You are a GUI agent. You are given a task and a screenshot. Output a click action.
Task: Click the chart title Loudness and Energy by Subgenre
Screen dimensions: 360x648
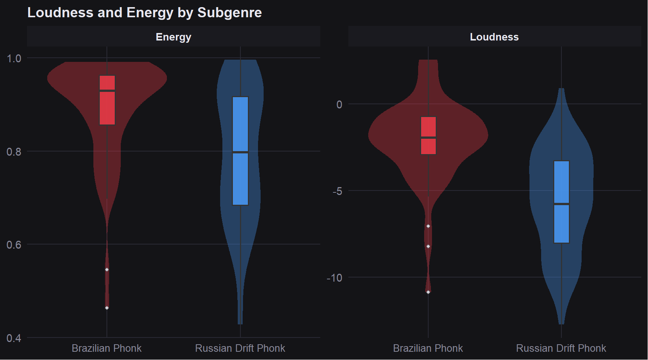[x=144, y=13]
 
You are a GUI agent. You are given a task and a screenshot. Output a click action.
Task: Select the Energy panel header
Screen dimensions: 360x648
[x=173, y=37]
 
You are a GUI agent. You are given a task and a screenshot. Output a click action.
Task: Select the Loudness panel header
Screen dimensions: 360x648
[x=494, y=37]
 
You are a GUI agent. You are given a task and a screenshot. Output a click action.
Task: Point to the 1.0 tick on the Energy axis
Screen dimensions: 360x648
[x=14, y=58]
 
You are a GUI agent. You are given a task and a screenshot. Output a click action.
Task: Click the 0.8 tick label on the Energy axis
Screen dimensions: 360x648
[x=14, y=151]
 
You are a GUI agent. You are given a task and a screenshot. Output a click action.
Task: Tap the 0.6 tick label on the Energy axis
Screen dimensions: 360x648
[x=14, y=245]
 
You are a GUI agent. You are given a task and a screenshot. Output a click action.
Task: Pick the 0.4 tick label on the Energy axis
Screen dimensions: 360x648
[x=14, y=338]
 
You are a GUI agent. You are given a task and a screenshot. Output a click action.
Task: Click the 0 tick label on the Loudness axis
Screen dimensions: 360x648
[x=339, y=105]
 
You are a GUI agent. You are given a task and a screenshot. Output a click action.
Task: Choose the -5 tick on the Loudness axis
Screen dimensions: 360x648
[x=337, y=191]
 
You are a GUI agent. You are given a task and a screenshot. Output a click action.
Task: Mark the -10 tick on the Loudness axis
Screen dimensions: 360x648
[x=334, y=278]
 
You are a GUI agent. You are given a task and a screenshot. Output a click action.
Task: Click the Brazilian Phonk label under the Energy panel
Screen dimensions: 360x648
[x=106, y=348]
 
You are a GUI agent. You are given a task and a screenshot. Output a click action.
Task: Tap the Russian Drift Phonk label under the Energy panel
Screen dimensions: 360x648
[x=240, y=348]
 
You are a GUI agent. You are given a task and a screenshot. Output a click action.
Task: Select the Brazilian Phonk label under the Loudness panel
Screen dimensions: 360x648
[x=428, y=348]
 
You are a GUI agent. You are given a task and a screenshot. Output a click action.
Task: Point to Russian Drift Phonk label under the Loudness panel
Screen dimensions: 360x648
[x=561, y=348]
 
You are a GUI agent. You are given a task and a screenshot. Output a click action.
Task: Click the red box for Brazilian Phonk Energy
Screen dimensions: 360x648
[x=107, y=100]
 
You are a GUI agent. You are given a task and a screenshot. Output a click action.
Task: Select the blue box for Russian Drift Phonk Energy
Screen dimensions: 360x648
[x=240, y=151]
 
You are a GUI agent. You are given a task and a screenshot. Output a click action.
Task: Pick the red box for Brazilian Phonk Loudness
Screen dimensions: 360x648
[x=428, y=135]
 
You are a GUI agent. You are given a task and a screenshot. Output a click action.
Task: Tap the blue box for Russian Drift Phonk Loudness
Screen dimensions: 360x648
[x=561, y=202]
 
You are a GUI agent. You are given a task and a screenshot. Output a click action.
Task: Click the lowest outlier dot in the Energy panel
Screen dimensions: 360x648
[x=107, y=308]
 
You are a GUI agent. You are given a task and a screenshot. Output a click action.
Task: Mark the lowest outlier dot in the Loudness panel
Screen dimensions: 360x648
[x=428, y=292]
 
